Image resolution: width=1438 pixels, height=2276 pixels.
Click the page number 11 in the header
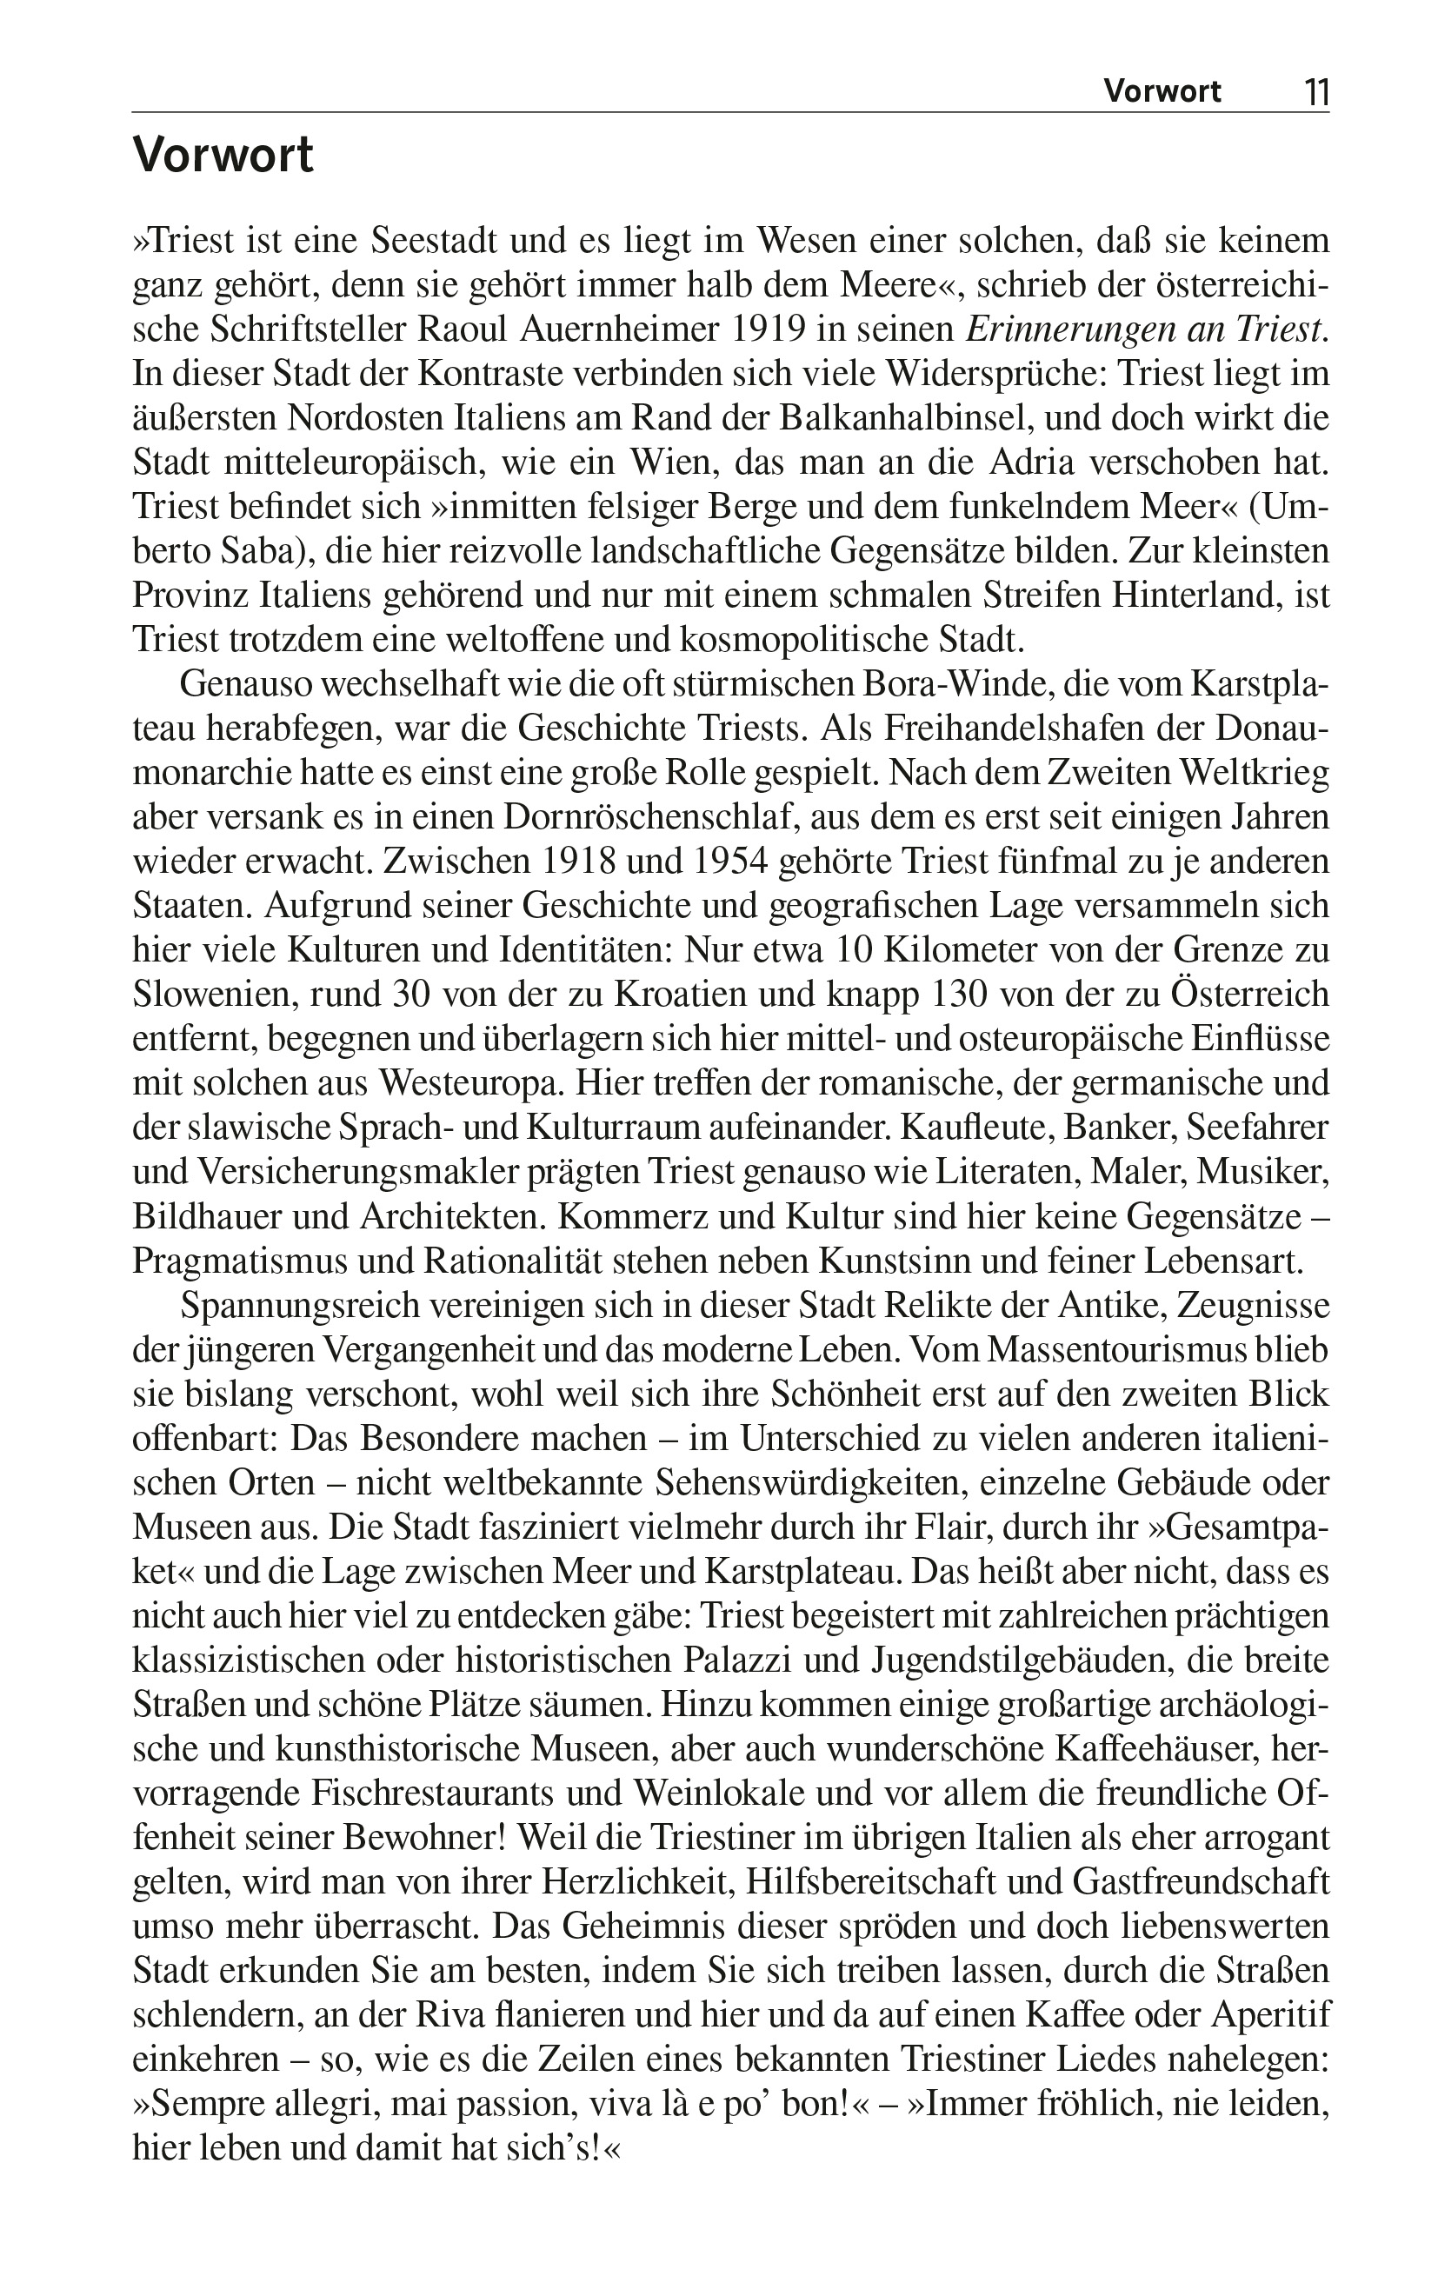tap(1315, 91)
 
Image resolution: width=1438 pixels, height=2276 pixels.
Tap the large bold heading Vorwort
tap(223, 156)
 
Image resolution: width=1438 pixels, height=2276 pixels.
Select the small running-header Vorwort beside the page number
tap(1162, 91)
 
